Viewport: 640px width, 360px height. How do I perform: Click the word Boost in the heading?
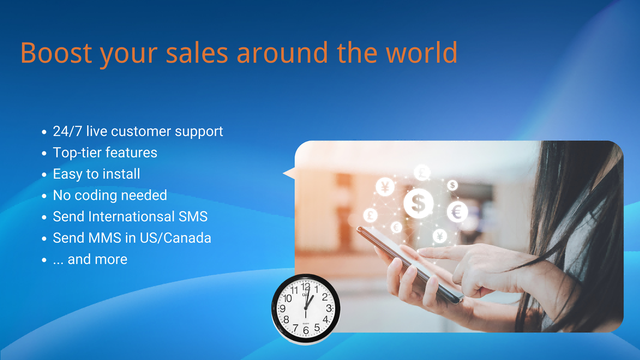tap(55, 53)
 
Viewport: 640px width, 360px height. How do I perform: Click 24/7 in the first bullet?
tap(69, 131)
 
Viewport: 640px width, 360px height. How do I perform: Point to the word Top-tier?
tap(78, 153)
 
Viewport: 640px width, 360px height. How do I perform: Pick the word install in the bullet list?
tap(118, 174)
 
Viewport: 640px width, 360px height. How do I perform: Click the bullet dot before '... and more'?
tap(43, 261)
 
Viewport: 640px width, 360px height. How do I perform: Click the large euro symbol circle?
tap(457, 212)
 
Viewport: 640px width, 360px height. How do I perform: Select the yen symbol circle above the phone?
tap(385, 186)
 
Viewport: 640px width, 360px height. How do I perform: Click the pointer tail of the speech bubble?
tap(290, 174)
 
